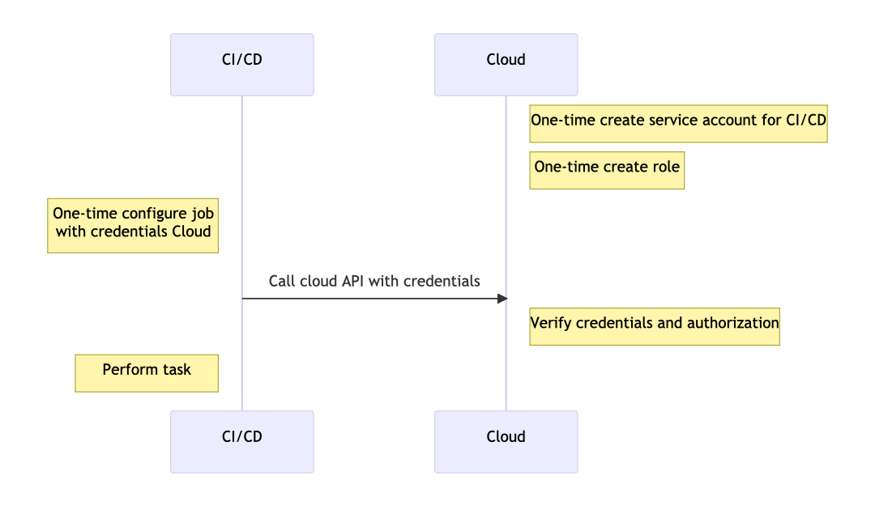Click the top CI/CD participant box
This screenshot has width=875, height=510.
pyautogui.click(x=242, y=65)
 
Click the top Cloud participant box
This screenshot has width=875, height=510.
pyautogui.click(x=506, y=65)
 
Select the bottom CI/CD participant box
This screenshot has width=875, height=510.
pyautogui.click(x=242, y=442)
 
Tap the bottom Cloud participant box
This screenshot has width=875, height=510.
pyautogui.click(x=506, y=442)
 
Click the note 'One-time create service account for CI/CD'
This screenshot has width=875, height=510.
pyautogui.click(x=679, y=124)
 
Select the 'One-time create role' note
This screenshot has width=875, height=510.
pyautogui.click(x=607, y=170)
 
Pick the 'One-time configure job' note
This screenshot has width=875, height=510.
pyautogui.click(x=133, y=226)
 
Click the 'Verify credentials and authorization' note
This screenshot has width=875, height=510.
pyautogui.click(x=655, y=326)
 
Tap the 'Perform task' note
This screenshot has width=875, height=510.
pyautogui.click(x=147, y=373)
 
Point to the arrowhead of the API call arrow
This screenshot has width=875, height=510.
pyautogui.click(x=503, y=299)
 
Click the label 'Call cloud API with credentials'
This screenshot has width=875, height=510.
pyautogui.click(x=374, y=281)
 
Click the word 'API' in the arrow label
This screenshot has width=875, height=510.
pyautogui.click(x=352, y=281)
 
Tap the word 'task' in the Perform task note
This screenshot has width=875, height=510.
pyautogui.click(x=177, y=369)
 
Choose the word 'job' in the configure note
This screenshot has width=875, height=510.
pyautogui.click(x=203, y=214)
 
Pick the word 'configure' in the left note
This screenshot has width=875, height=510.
pyautogui.click(x=155, y=214)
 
